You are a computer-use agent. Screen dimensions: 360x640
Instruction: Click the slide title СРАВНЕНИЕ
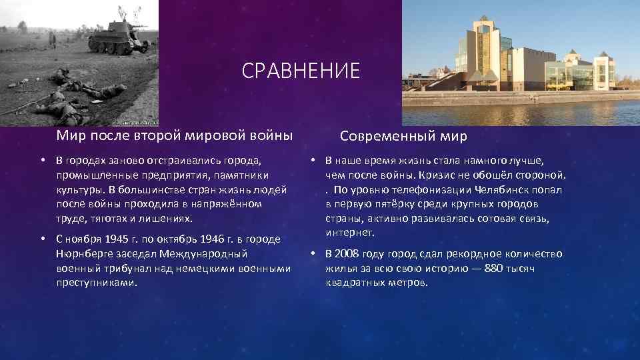(301, 71)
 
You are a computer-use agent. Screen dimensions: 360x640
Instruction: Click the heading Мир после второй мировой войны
(174, 136)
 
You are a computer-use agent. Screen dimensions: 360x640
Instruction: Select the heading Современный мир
(403, 136)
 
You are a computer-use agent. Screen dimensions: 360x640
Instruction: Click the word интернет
(351, 233)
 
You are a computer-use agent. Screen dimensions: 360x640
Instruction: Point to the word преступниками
(97, 283)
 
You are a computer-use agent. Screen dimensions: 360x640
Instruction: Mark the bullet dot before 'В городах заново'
(41, 160)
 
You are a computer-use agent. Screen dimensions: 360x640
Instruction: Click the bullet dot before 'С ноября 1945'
(41, 239)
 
